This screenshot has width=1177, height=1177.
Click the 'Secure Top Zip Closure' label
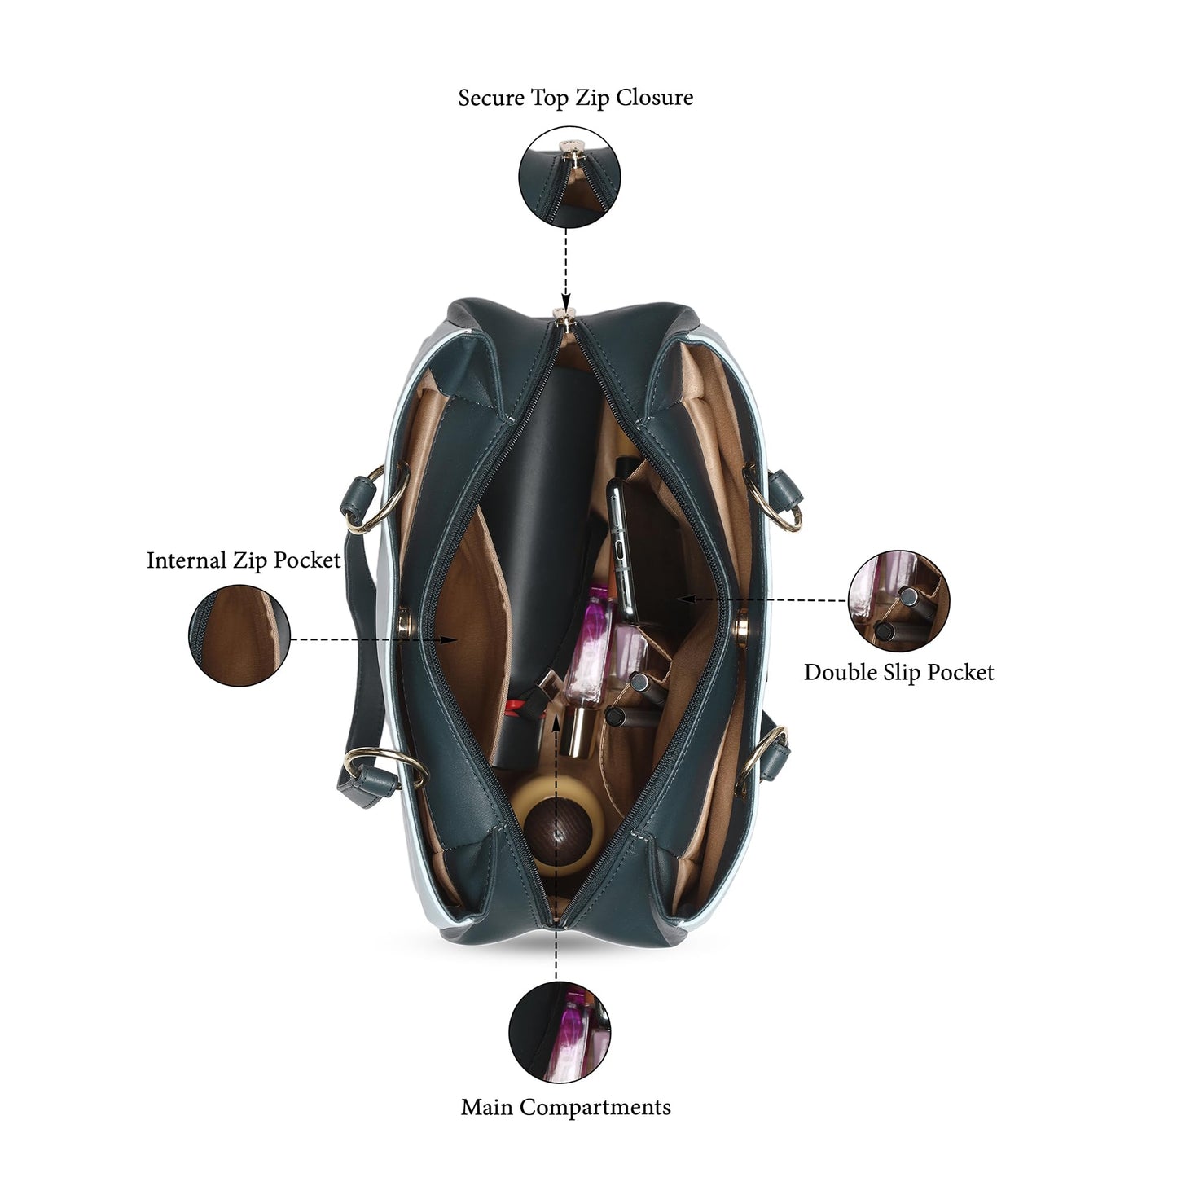[x=575, y=98]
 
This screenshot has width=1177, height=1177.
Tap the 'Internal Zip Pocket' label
[x=244, y=560]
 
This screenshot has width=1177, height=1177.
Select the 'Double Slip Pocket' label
[x=898, y=672]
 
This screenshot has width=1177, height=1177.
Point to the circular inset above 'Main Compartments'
[x=560, y=1032]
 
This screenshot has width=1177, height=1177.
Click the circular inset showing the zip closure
[x=569, y=177]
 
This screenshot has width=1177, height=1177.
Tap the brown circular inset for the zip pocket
[x=239, y=635]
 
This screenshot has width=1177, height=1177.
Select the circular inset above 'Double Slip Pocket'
[x=899, y=600]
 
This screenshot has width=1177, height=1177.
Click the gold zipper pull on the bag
[x=564, y=318]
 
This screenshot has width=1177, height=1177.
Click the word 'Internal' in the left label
[x=187, y=560]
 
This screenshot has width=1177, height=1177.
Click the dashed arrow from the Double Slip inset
[x=762, y=599]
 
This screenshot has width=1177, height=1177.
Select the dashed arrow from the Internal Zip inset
[x=375, y=639]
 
